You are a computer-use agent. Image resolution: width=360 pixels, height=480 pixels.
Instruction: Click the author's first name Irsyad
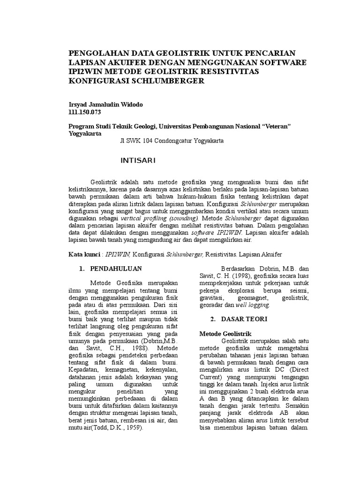coord(78,104)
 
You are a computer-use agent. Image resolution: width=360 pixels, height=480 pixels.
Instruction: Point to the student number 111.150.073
coord(85,112)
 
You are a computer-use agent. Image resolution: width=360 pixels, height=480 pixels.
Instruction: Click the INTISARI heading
coord(138,161)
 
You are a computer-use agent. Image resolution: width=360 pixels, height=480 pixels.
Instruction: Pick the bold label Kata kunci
coord(85,254)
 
